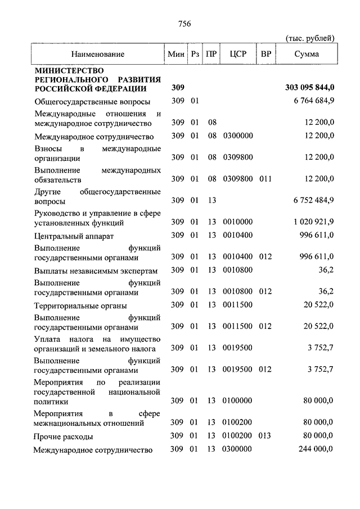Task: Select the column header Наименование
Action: (x=97, y=55)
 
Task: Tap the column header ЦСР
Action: (x=236, y=55)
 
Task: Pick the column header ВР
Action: (x=265, y=55)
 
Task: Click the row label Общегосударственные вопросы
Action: (x=92, y=102)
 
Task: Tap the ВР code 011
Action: (x=265, y=179)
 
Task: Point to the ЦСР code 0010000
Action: (x=238, y=222)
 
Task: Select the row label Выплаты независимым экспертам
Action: (x=93, y=270)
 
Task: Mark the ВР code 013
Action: (x=265, y=436)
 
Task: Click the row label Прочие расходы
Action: (x=64, y=436)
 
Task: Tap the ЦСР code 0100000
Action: (x=238, y=400)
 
